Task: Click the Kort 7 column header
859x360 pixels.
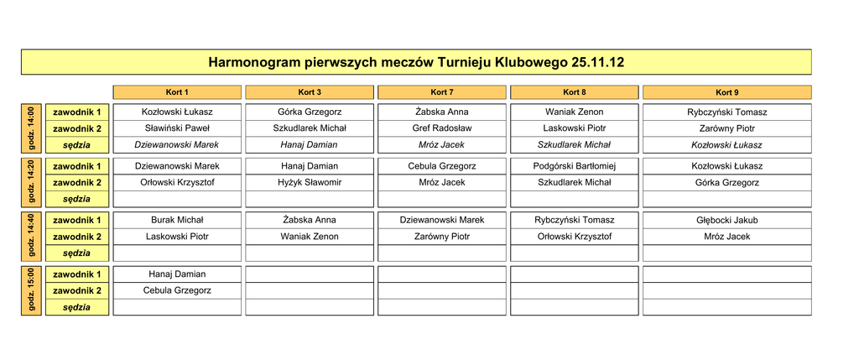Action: tap(442, 92)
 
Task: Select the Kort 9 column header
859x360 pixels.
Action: tap(726, 92)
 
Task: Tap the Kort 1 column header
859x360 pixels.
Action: tap(177, 92)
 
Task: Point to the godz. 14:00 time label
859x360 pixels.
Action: tap(31, 128)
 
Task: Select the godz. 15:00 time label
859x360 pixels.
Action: tap(31, 291)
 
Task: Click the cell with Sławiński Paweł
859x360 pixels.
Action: tap(177, 128)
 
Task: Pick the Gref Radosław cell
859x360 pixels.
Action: tap(442, 128)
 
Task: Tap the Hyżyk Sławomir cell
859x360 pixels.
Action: tap(310, 182)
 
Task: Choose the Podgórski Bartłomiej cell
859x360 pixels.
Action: tap(575, 166)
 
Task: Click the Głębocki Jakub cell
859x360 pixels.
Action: tap(726, 221)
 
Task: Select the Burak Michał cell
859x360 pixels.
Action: tap(177, 221)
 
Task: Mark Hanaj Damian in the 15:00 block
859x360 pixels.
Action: tap(177, 274)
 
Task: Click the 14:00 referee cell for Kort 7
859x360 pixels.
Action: tap(442, 145)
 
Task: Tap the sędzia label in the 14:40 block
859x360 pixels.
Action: tap(76, 253)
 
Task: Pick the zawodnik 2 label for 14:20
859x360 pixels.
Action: tap(76, 182)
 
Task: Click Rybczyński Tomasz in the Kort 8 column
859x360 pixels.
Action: tap(575, 221)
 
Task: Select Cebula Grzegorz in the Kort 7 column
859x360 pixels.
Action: tap(442, 166)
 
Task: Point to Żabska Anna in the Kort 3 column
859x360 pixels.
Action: tap(310, 221)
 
